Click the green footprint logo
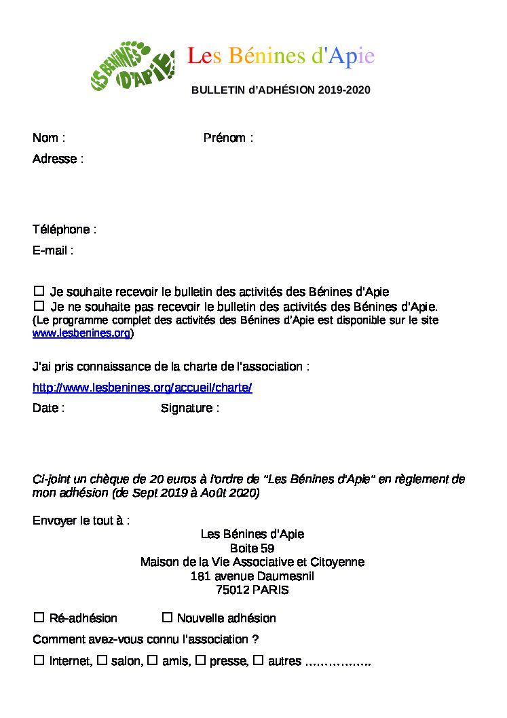pyautogui.click(x=132, y=67)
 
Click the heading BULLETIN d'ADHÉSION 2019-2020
pyautogui.click(x=280, y=90)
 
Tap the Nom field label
pyautogui.click(x=48, y=138)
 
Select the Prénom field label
pyautogui.click(x=228, y=138)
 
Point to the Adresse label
pyautogui.click(x=58, y=159)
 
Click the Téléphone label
pyautogui.click(x=64, y=229)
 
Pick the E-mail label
pyautogui.click(x=53, y=250)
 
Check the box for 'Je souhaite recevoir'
pyautogui.click(x=39, y=291)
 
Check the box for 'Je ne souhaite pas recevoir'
pyautogui.click(x=39, y=306)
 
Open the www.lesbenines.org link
pyautogui.click(x=81, y=333)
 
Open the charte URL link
pyautogui.click(x=143, y=388)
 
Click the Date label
pyautogui.click(x=48, y=408)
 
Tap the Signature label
pyautogui.click(x=189, y=408)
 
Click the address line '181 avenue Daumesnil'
pyautogui.click(x=252, y=576)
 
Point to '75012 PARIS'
pyautogui.click(x=252, y=590)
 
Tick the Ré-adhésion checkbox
pyautogui.click(x=39, y=618)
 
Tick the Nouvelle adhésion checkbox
pyautogui.click(x=167, y=618)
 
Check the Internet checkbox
pyautogui.click(x=39, y=660)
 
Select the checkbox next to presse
pyautogui.click(x=200, y=660)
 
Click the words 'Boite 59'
pyautogui.click(x=252, y=548)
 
